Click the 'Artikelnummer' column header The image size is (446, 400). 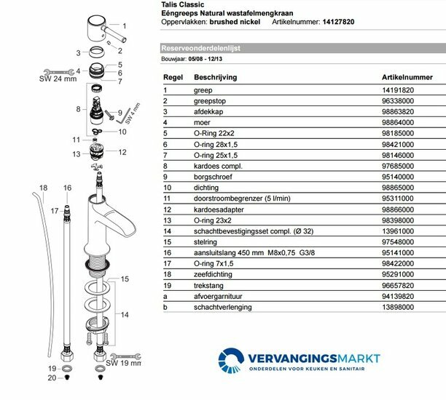coord(407,76)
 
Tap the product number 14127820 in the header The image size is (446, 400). coord(339,23)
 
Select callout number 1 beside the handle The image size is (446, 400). coord(124,25)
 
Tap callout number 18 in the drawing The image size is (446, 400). coord(43,188)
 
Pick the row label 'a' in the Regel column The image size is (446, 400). coord(165,297)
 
